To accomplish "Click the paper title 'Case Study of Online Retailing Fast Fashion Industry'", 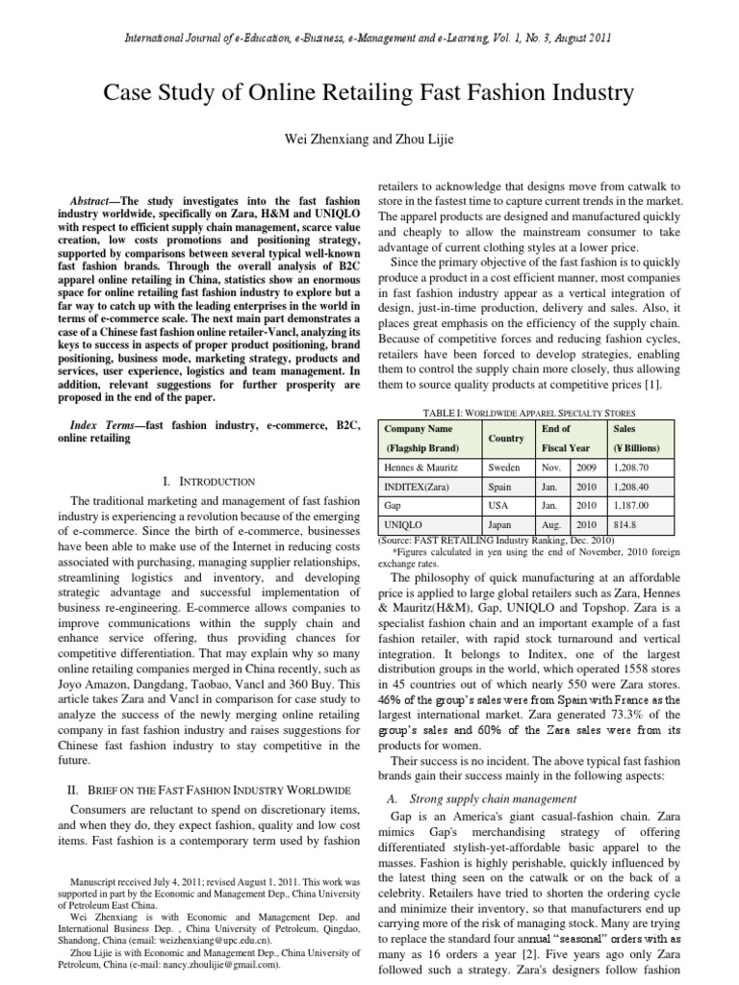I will coord(369,93).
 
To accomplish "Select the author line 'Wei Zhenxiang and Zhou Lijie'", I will coord(369,140).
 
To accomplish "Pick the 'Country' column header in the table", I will coord(506,438).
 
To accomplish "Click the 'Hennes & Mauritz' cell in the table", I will coord(423,467).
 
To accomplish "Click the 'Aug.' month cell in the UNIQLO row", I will coord(551,525).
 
